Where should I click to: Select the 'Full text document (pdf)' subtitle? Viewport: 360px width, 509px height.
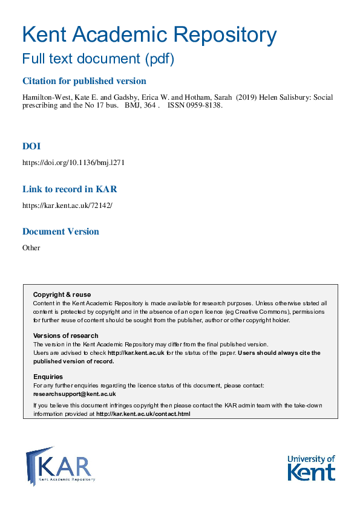[98, 59]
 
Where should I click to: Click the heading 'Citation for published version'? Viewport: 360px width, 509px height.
[84, 81]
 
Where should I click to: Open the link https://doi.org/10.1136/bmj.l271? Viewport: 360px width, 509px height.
[73, 163]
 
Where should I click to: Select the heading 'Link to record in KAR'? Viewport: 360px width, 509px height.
[70, 189]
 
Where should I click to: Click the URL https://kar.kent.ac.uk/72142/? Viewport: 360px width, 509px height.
[67, 206]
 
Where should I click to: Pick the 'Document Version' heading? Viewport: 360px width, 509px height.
[61, 232]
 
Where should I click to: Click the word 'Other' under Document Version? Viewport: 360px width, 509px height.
[31, 248]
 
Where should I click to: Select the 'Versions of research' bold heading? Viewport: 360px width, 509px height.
[65, 336]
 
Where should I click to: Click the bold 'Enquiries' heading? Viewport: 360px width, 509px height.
[48, 377]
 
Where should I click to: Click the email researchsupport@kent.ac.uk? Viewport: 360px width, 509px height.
[74, 394]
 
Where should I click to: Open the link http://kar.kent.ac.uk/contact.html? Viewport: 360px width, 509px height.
[143, 414]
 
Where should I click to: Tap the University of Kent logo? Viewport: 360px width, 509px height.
[311, 467]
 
